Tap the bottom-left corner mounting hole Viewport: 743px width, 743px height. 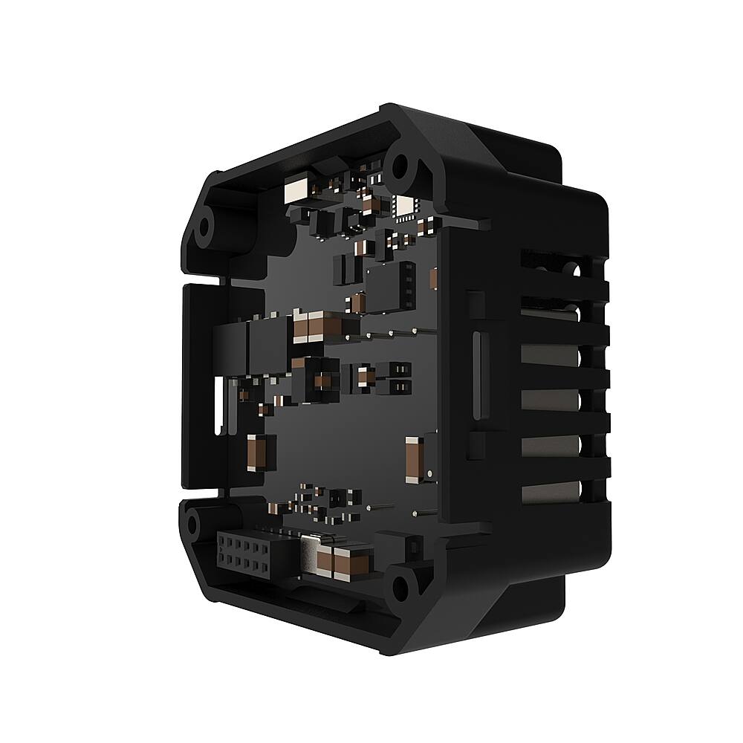193,524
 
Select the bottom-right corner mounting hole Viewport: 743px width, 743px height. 400,588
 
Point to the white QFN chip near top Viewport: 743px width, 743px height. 406,207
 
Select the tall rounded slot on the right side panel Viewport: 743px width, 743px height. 477,375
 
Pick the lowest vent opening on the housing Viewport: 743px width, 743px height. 550,491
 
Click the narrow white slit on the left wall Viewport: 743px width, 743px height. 218,405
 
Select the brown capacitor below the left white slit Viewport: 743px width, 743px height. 256,452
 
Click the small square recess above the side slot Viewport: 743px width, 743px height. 475,305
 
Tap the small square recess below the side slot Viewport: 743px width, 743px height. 475,445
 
